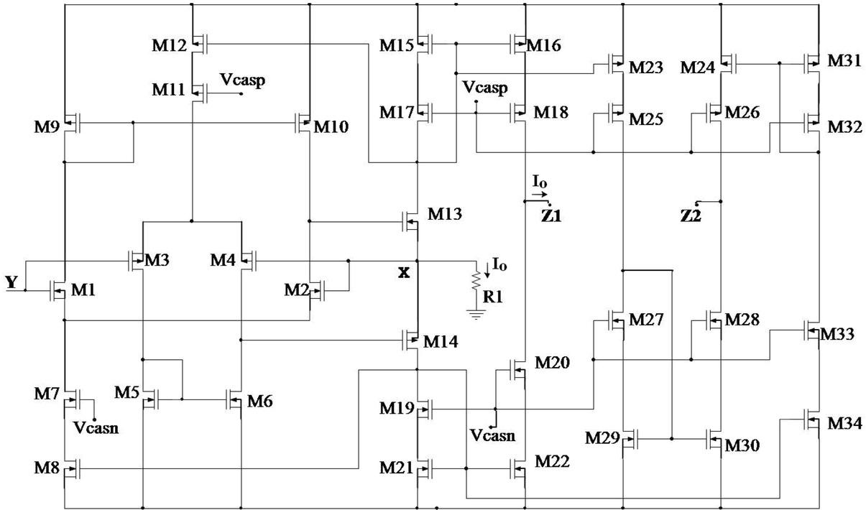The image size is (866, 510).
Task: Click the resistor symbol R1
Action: coord(475,281)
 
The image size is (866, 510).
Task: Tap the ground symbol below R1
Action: coord(473,312)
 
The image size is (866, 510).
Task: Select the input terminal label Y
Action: coord(11,283)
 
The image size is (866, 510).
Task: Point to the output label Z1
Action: coord(551,214)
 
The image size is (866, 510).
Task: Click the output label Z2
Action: coord(691,215)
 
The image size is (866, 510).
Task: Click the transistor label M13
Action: coord(445,213)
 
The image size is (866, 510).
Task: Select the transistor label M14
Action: coord(441,341)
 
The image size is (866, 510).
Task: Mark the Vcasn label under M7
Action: coord(96,429)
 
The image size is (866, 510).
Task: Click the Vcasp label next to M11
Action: coord(242,80)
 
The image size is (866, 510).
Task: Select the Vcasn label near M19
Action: coord(492,435)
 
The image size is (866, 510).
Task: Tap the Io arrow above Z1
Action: coord(540,193)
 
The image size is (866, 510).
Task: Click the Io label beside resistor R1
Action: coord(499,265)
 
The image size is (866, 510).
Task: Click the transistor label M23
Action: coord(647,68)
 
